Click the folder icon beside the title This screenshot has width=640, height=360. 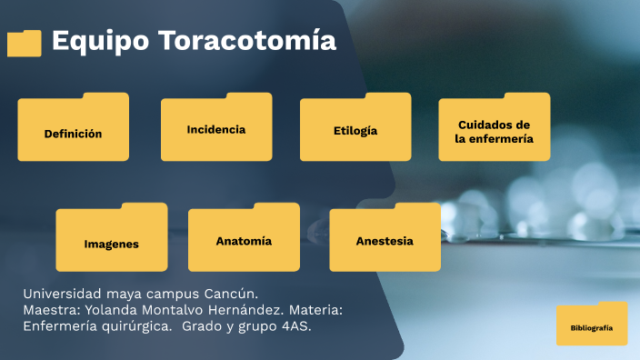coord(25,43)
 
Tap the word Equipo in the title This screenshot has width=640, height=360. coord(100,41)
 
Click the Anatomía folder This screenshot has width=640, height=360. coord(244,238)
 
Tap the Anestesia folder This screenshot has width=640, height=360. coord(385,238)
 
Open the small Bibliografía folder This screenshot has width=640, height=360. coord(592,325)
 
